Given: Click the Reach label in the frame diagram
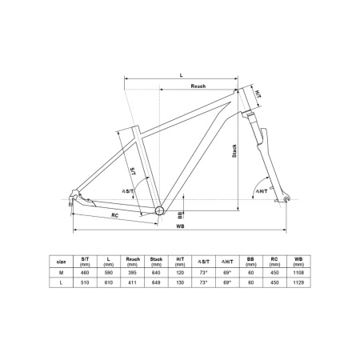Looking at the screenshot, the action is [x=198, y=86].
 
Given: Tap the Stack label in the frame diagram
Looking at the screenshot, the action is [x=234, y=151].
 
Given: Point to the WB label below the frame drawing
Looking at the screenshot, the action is [x=180, y=226].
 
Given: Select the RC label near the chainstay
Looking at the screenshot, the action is [x=115, y=215].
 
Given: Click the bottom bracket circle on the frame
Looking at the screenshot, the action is [x=159, y=210].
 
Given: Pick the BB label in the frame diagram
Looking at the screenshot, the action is [x=180, y=214].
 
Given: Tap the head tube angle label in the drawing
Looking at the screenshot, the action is [x=262, y=191].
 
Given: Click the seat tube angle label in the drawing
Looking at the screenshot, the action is [x=128, y=191].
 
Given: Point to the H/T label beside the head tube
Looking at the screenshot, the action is [x=258, y=94].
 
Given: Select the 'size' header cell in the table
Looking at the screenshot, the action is [x=61, y=262].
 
